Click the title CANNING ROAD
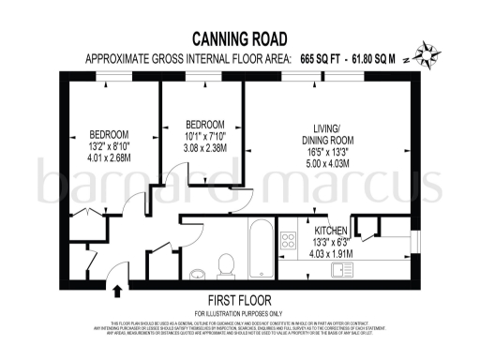pyautogui.click(x=240, y=38)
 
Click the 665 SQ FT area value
pyautogui.click(x=322, y=58)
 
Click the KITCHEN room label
pyautogui.click(x=332, y=230)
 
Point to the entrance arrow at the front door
pyautogui.click(x=115, y=273)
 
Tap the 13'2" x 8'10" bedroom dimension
pyautogui.click(x=109, y=146)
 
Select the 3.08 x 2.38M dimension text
pyautogui.click(x=204, y=148)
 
